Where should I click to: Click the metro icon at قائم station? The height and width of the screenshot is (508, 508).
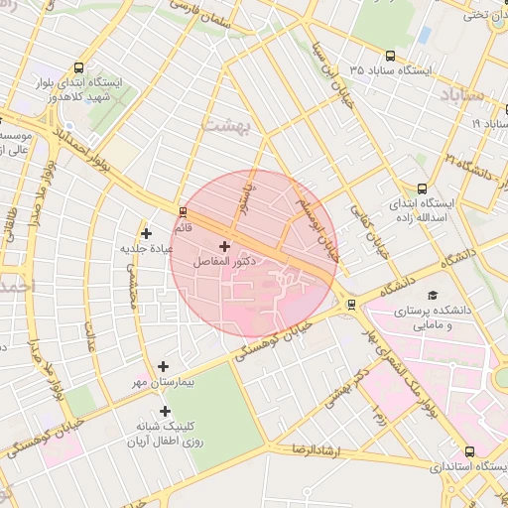click(183, 211)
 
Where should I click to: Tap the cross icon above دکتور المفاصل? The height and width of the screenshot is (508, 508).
click(224, 245)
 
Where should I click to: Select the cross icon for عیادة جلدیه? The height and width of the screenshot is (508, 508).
click(146, 233)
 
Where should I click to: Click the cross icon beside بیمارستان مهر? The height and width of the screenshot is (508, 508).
click(164, 366)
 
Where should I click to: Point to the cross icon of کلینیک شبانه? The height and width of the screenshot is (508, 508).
click(165, 411)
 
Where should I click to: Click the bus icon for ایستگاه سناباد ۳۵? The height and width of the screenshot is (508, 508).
click(390, 57)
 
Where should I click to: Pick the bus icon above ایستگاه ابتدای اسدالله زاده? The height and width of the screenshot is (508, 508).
click(423, 188)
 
